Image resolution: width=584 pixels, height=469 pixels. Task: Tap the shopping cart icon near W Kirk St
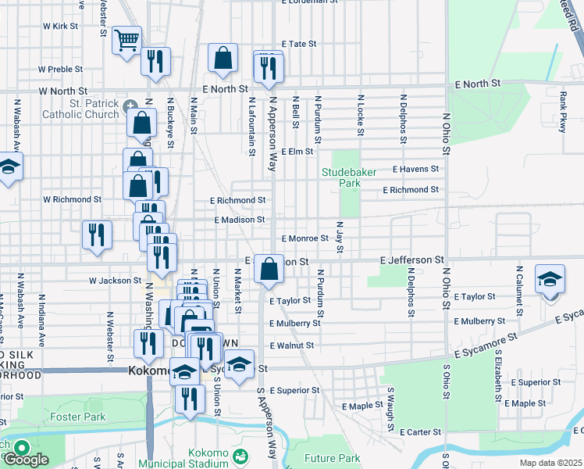point(126,40)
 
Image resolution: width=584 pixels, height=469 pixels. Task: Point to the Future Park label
point(332,458)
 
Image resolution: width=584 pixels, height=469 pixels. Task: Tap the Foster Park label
point(78,417)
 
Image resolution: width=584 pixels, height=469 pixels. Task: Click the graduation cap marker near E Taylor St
point(550,280)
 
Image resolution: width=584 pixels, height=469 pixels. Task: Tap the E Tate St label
point(298,45)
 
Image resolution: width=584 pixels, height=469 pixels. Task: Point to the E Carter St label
point(421,431)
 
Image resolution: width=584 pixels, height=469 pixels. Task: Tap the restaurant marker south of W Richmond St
point(97,234)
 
